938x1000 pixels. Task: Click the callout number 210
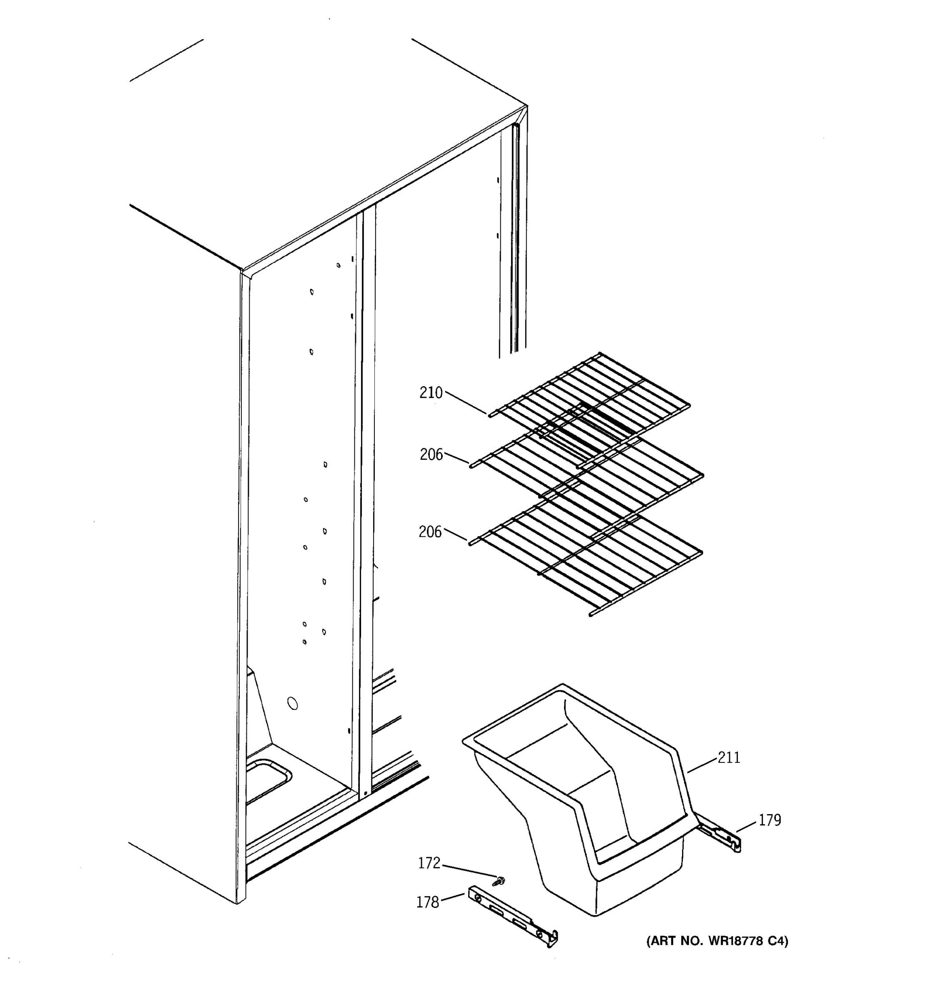pyautogui.click(x=431, y=393)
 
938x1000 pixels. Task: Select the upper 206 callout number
pyautogui.click(x=431, y=455)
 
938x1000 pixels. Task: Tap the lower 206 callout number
pyautogui.click(x=430, y=532)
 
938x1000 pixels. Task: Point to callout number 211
pyautogui.click(x=729, y=757)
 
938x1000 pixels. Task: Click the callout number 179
pyautogui.click(x=770, y=820)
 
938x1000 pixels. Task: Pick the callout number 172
pyautogui.click(x=429, y=863)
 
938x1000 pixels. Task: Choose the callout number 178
pyautogui.click(x=427, y=902)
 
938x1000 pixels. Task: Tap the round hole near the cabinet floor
pyautogui.click(x=292, y=703)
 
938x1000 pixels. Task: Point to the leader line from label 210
pyautogui.click(x=466, y=403)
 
